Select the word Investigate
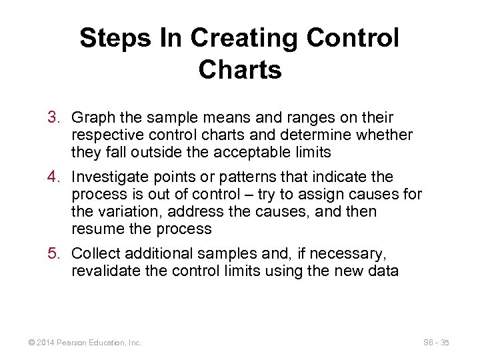[110, 177]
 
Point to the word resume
[95, 229]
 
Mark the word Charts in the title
[240, 69]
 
